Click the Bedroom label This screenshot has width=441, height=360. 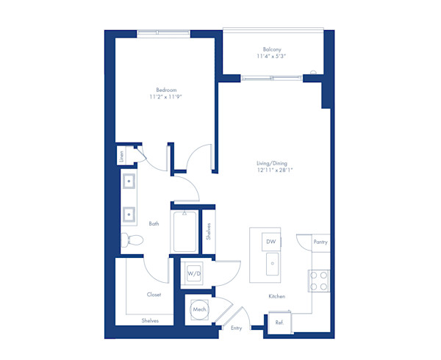[x=166, y=90]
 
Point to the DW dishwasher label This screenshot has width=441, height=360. [x=270, y=240]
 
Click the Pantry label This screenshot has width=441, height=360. [x=320, y=242]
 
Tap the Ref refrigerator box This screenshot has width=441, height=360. [x=279, y=323]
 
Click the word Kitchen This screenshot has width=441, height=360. [x=276, y=296]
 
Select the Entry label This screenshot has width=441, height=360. [x=237, y=328]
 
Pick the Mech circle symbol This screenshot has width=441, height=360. [x=198, y=310]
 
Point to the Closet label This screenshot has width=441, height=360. [x=154, y=294]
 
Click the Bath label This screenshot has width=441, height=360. [x=154, y=223]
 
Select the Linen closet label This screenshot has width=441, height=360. [x=122, y=156]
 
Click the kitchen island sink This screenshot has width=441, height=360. [x=271, y=262]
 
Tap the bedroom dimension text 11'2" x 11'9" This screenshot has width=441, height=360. [x=166, y=97]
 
